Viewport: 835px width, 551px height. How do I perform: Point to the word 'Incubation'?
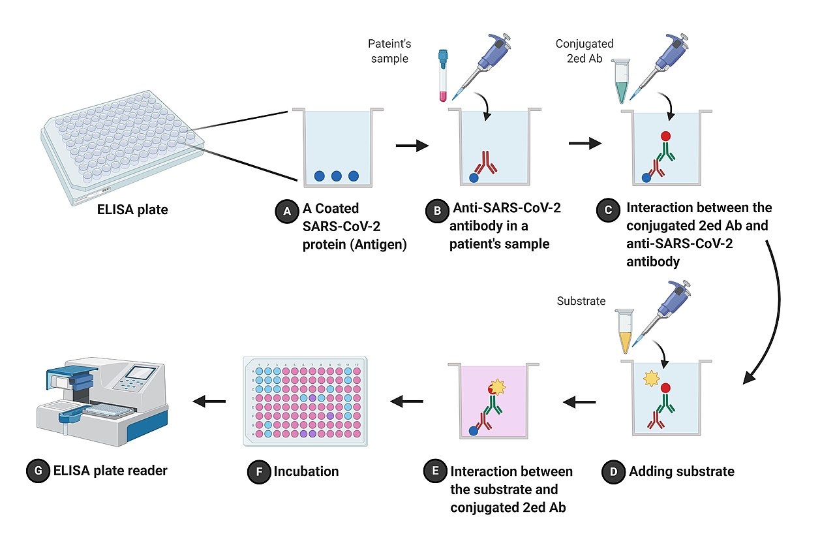(x=306, y=471)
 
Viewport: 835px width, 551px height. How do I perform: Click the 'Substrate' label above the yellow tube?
(x=581, y=301)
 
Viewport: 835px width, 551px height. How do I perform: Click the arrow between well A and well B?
(x=412, y=145)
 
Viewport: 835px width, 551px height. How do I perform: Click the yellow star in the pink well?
(x=497, y=387)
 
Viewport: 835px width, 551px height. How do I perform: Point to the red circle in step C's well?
(x=665, y=136)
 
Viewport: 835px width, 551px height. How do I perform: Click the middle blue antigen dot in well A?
(x=337, y=176)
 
